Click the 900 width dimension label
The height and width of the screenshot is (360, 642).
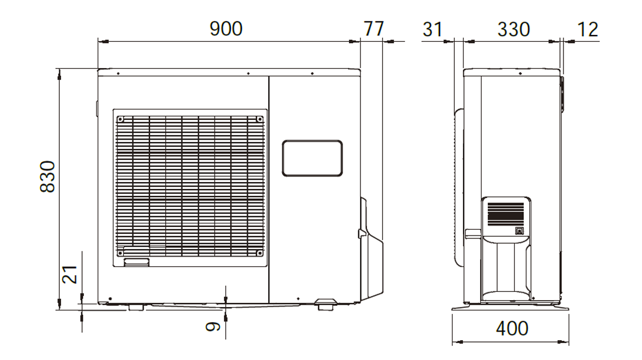point(226,28)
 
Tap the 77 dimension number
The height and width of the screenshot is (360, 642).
point(374,28)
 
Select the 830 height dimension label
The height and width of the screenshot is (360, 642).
point(48,177)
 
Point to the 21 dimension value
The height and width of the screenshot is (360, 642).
point(70,275)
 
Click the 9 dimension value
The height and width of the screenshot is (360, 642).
point(213,326)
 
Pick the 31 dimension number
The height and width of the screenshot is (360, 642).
point(433,30)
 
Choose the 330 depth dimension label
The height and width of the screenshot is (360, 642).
point(514,30)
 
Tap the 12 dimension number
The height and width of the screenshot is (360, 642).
point(587,30)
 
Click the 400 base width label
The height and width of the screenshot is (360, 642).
point(512,329)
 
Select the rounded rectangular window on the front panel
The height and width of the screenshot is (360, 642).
point(312,158)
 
